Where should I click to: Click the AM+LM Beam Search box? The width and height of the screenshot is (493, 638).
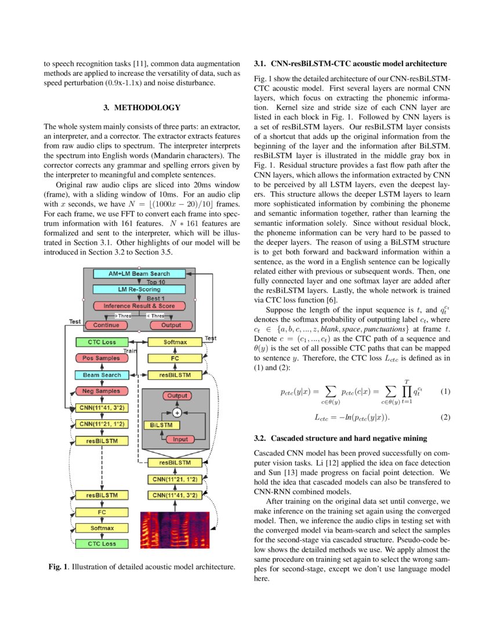(139, 274)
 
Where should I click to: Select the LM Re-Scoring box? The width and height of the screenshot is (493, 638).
(139, 289)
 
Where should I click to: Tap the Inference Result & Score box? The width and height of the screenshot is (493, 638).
(139, 306)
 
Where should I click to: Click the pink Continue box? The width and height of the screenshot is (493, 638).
(106, 325)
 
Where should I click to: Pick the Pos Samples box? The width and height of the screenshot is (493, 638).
(101, 358)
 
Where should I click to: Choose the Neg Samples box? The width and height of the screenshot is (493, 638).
(101, 391)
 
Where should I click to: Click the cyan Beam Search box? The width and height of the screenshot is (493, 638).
(102, 375)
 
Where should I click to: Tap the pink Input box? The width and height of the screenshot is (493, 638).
(180, 440)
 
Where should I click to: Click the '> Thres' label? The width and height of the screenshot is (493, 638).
(124, 316)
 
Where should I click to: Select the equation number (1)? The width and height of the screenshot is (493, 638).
(445, 391)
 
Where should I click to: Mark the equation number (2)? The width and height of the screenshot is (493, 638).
(445, 417)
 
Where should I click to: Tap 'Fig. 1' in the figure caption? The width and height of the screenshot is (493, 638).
(58, 566)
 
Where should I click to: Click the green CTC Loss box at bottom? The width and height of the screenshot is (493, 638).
(101, 544)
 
